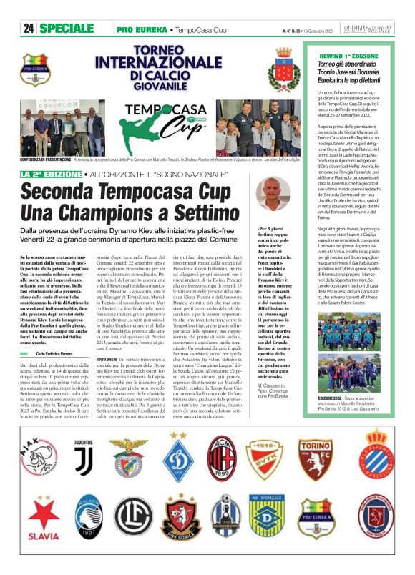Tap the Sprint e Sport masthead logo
[x=373, y=29]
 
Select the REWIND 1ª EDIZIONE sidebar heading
[x=351, y=54]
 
